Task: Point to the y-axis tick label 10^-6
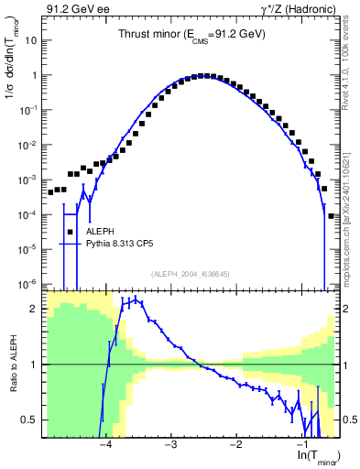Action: (30, 283)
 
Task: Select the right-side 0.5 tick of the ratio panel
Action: (348, 420)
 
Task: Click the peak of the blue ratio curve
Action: (136, 300)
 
